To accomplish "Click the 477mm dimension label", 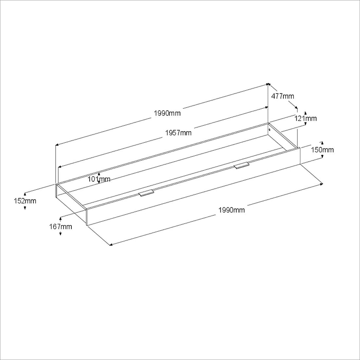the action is click(x=283, y=96).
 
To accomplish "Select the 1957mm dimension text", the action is click(x=178, y=133).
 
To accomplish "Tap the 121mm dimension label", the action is click(x=306, y=118).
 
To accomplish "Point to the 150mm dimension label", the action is click(x=322, y=150).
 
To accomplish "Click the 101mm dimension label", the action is click(x=99, y=179).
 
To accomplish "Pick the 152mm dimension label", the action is click(x=25, y=201).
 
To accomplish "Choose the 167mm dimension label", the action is click(x=60, y=227).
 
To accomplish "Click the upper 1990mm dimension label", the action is click(x=167, y=113).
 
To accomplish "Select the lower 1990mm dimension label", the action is click(x=232, y=210).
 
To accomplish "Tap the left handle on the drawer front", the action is click(x=147, y=193).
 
